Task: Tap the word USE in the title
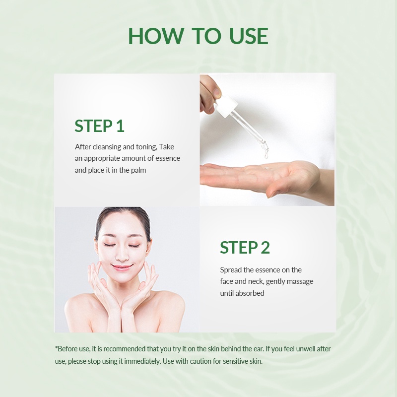pyautogui.click(x=249, y=36)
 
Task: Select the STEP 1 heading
pyautogui.click(x=99, y=126)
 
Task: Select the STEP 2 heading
pyautogui.click(x=245, y=247)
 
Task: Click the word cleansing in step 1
pyautogui.click(x=107, y=147)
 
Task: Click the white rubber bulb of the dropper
pyautogui.click(x=226, y=105)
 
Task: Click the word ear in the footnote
pyautogui.click(x=259, y=349)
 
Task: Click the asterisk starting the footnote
pyautogui.click(x=56, y=347)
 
